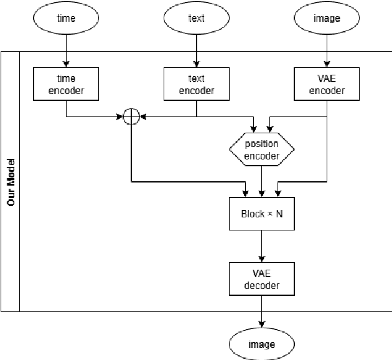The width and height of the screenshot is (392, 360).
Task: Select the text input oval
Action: click(x=196, y=18)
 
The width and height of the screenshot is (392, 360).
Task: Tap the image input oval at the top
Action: click(x=327, y=18)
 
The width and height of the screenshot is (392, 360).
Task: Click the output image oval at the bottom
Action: click(x=261, y=344)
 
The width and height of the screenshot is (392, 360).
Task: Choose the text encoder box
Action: click(x=196, y=84)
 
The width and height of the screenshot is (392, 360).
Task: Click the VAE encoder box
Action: click(x=327, y=84)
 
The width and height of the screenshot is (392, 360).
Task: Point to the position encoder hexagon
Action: click(x=261, y=149)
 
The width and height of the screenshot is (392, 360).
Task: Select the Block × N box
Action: click(x=261, y=214)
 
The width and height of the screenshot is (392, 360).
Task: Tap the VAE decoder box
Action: click(x=261, y=279)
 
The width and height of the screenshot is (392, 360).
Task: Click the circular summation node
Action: click(x=131, y=116)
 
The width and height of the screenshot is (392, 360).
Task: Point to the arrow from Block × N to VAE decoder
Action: click(x=261, y=246)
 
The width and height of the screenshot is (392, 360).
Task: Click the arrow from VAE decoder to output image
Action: click(x=261, y=311)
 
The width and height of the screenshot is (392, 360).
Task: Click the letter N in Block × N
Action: click(x=279, y=214)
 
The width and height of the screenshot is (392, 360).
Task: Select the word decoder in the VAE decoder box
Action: click(x=261, y=285)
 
